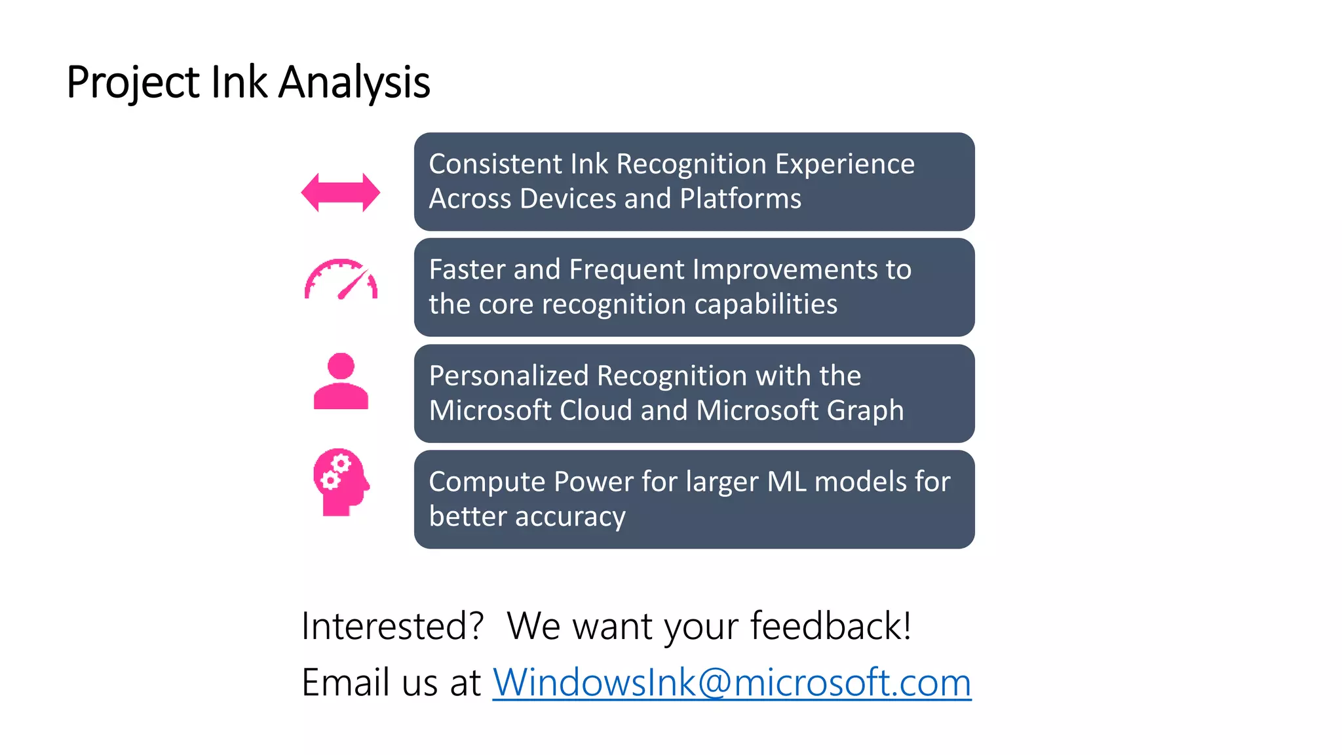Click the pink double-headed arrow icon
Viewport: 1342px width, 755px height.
coord(340,193)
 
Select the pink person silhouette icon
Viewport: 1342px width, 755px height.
coord(341,382)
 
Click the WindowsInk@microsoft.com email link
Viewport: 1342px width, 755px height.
coord(731,682)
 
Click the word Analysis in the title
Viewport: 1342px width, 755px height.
coord(354,83)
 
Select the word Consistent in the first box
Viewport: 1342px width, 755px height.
coord(495,164)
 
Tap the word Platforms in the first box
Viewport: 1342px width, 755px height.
coord(740,199)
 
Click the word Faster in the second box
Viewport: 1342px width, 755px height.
coord(466,269)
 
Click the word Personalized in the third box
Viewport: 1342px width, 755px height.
coord(508,376)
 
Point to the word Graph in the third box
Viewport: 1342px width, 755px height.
coord(865,410)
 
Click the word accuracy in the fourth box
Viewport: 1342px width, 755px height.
coord(570,516)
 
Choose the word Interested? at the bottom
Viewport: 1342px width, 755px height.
coord(392,626)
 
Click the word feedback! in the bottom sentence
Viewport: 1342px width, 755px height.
coord(830,626)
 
